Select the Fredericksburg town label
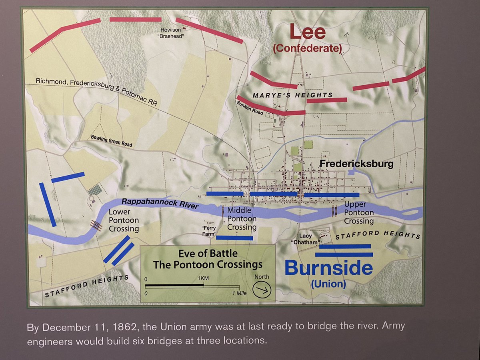(x=356, y=164)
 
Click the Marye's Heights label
(x=292, y=95)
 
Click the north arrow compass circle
(x=262, y=289)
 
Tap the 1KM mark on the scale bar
(x=204, y=279)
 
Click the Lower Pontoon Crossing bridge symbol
(x=96, y=225)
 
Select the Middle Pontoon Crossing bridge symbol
(x=223, y=211)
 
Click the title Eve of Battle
(x=208, y=254)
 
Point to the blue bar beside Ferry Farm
(x=234, y=238)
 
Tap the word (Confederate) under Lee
(x=307, y=49)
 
